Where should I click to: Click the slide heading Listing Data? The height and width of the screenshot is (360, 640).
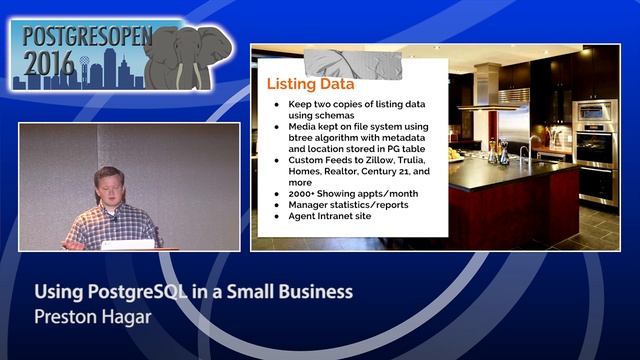310,84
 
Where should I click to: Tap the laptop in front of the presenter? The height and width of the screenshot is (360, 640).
127,243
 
